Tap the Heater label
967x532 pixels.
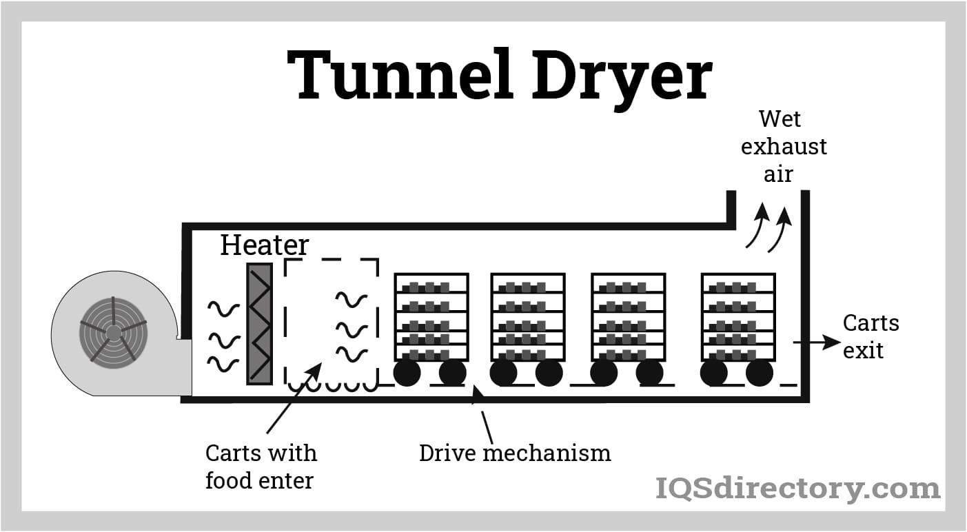point(264,245)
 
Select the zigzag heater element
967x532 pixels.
point(259,324)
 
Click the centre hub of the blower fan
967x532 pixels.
point(112,333)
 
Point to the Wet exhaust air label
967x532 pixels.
point(782,147)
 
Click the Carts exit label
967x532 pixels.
point(871,336)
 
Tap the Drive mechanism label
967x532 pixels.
point(515,453)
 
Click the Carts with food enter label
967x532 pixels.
point(261,467)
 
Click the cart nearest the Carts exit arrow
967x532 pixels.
point(738,317)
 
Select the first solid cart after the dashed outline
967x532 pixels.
point(431,317)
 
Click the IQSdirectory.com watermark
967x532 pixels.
point(797,489)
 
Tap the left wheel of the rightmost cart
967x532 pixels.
point(713,374)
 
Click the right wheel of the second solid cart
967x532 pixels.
point(549,374)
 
